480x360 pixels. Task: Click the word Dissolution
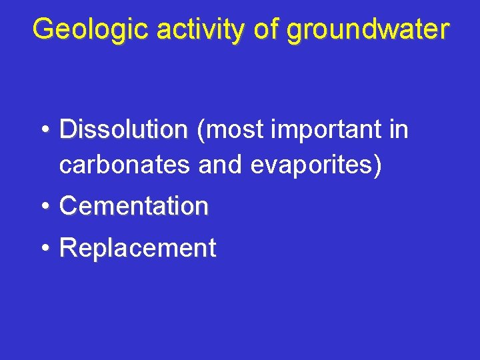pyautogui.click(x=123, y=129)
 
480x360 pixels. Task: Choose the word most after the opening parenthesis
pyautogui.click(x=234, y=129)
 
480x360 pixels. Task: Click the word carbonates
pyautogui.click(x=125, y=165)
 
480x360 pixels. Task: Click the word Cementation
pyautogui.click(x=134, y=206)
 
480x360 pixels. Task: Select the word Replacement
pyautogui.click(x=138, y=248)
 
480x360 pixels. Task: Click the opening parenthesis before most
pyautogui.click(x=201, y=130)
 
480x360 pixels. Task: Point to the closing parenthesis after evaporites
pyautogui.click(x=378, y=165)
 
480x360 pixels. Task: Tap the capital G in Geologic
pyautogui.click(x=42, y=30)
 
